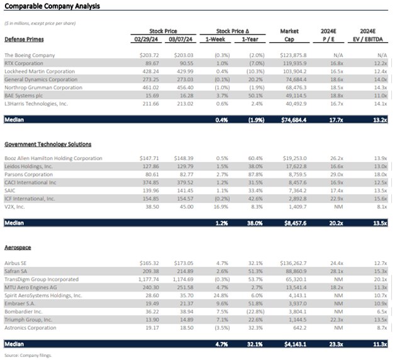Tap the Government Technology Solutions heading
pyautogui.click(x=47, y=145)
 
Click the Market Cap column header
pyautogui.click(x=291, y=34)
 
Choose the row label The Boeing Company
pyautogui.click(x=33, y=55)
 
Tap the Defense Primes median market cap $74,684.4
pyautogui.click(x=290, y=119)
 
